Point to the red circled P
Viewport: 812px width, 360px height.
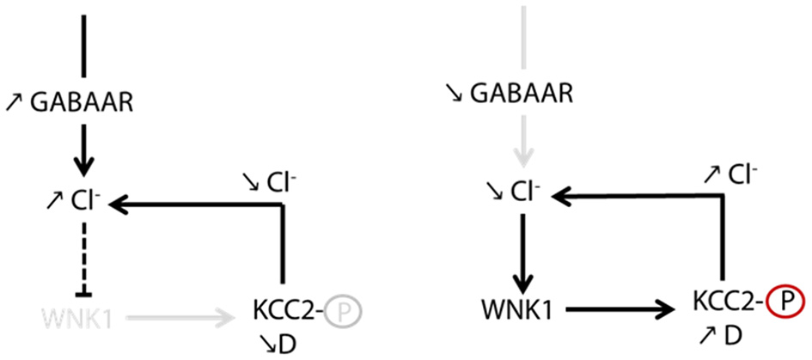point(783,302)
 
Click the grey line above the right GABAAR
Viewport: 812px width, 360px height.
point(522,34)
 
